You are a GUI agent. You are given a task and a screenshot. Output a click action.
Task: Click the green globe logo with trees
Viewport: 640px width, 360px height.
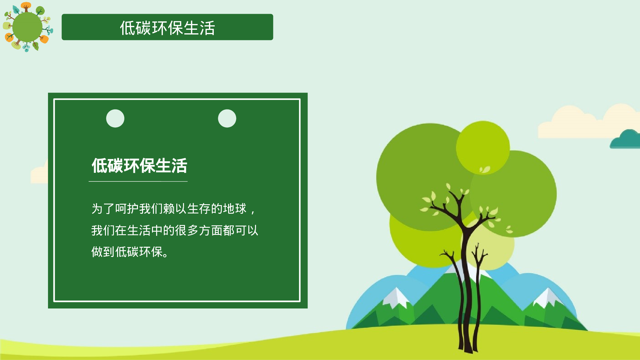pos(27,27)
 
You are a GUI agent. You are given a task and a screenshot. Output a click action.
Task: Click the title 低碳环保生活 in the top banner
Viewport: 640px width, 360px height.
pos(167,28)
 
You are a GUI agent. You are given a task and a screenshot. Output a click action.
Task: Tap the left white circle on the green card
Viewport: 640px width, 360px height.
pos(115,118)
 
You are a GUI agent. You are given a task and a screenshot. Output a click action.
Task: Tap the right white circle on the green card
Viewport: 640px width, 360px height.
pos(227,118)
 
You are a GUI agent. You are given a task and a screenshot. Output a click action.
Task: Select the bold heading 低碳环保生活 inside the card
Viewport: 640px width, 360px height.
pos(139,166)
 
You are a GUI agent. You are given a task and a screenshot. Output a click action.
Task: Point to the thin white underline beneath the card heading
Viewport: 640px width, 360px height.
pos(138,181)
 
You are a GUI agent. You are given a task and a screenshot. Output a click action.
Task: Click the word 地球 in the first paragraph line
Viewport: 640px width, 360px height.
pos(235,209)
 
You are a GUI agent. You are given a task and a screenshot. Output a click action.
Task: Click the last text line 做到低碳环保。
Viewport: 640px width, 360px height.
pos(130,252)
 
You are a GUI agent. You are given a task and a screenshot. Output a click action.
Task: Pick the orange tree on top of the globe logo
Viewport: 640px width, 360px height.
pos(26,6)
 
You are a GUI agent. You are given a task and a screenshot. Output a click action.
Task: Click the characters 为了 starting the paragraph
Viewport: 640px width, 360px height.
pos(103,209)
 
